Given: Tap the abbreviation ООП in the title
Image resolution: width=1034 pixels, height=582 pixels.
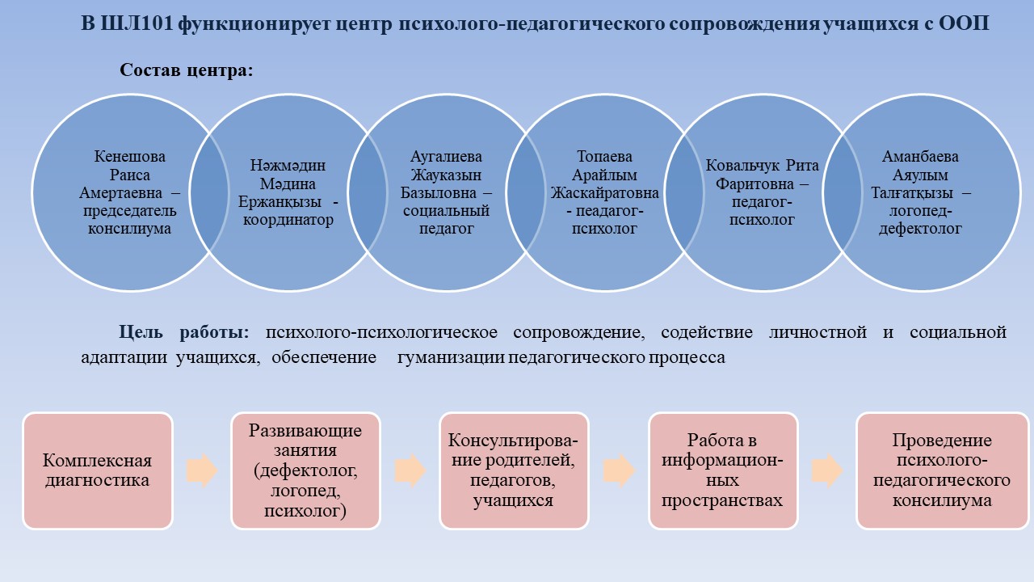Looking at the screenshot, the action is pyautogui.click(x=965, y=23).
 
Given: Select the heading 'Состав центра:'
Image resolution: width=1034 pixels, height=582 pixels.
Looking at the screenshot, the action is pyautogui.click(x=187, y=70).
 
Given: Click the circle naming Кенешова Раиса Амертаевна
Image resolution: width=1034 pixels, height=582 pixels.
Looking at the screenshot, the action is pyautogui.click(x=130, y=192).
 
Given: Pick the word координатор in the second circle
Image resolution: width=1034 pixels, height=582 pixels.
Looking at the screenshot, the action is pyautogui.click(x=288, y=220).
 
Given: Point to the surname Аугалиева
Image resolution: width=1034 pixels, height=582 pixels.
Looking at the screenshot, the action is pyautogui.click(x=447, y=157).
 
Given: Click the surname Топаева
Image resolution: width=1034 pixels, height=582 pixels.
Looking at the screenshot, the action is pyautogui.click(x=605, y=157).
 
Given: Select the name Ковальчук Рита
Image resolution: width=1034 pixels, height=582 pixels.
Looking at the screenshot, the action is pyautogui.click(x=762, y=166).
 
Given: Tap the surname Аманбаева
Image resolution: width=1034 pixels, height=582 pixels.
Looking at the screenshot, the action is pyautogui.click(x=920, y=157).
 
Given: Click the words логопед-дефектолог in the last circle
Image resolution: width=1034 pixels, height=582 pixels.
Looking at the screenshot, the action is pyautogui.click(x=920, y=220).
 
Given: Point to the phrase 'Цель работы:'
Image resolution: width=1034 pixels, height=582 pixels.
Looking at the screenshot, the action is pyautogui.click(x=183, y=332).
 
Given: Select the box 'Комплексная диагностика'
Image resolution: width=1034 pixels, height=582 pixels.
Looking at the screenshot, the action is pyautogui.click(x=98, y=470).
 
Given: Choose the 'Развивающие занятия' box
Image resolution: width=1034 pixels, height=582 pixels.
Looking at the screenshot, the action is pyautogui.click(x=305, y=470).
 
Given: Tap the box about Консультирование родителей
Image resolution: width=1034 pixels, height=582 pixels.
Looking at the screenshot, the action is pyautogui.click(x=514, y=470).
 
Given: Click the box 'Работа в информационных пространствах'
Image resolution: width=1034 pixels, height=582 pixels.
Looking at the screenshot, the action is pyautogui.click(x=723, y=470).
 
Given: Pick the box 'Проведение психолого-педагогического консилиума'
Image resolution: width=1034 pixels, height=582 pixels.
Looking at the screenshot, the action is pyautogui.click(x=942, y=470).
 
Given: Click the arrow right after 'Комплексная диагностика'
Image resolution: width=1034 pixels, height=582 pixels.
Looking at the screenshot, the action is pyautogui.click(x=202, y=470).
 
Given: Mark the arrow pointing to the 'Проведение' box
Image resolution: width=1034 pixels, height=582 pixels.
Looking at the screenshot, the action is pyautogui.click(x=827, y=470).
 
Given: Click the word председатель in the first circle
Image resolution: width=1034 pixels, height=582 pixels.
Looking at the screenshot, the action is pyautogui.click(x=130, y=211).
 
